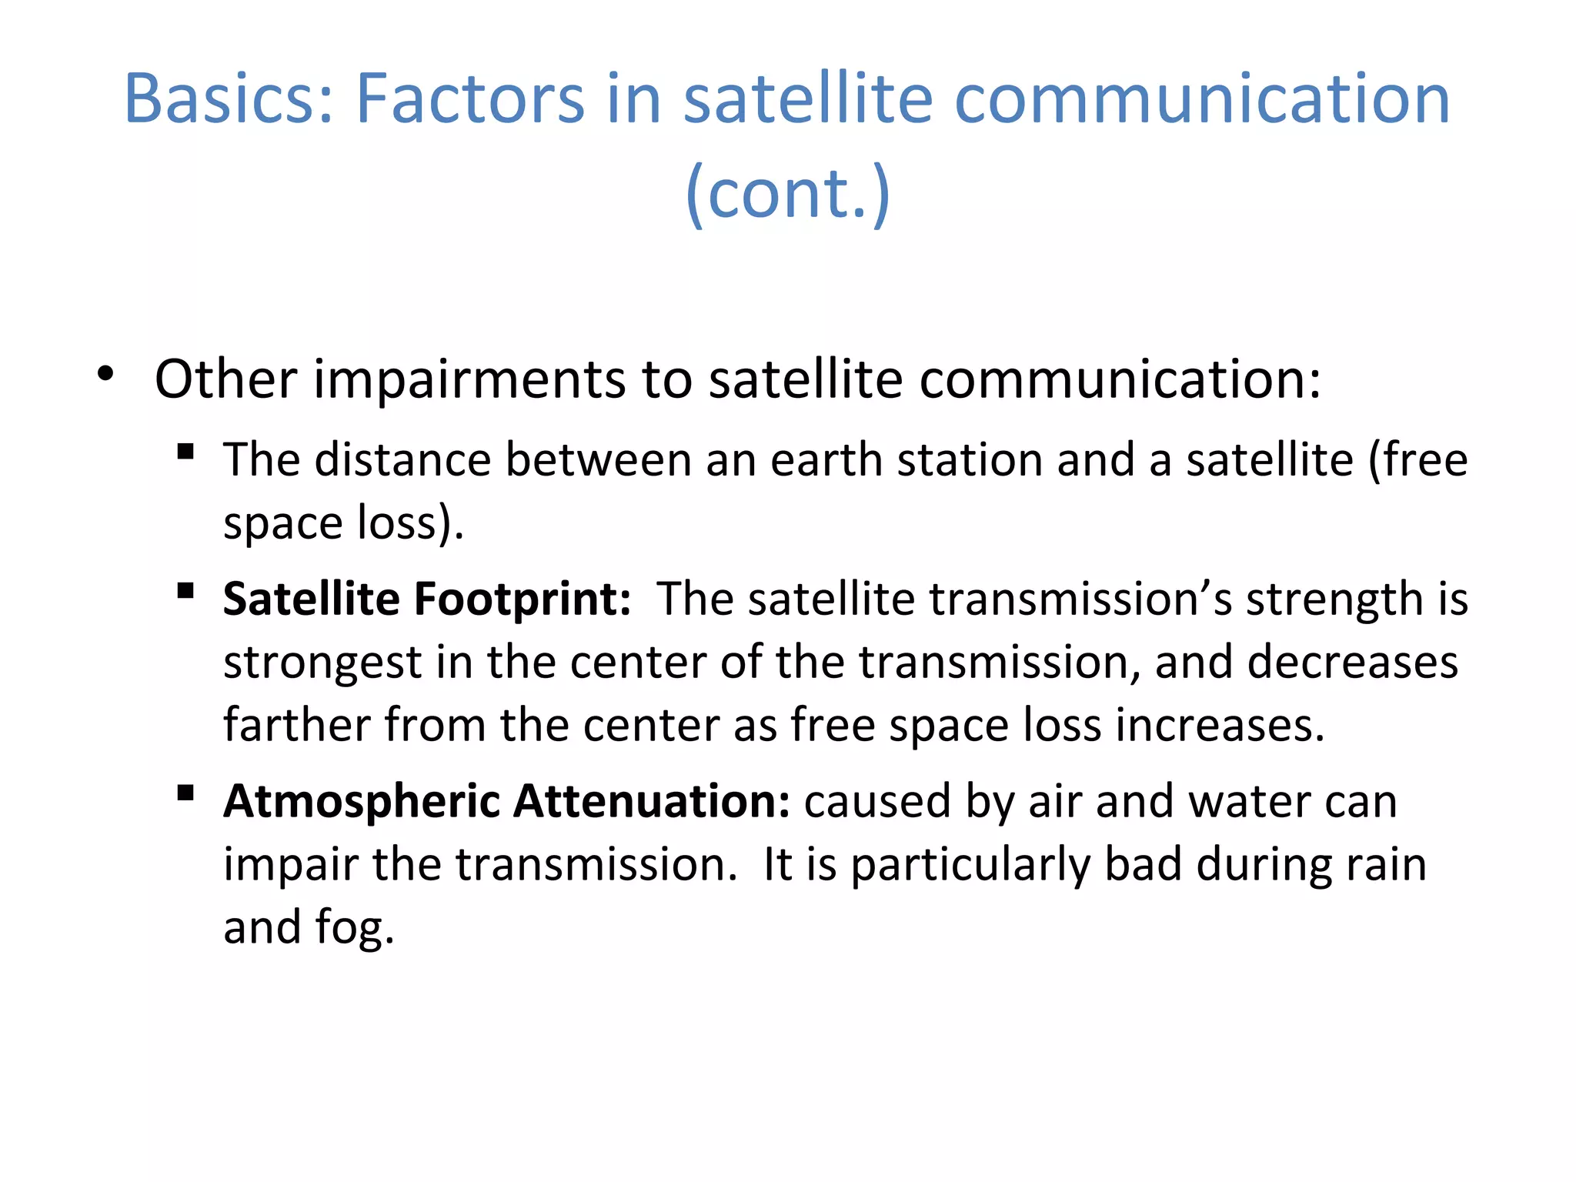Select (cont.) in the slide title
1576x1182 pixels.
(787, 193)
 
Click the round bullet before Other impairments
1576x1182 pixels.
(105, 376)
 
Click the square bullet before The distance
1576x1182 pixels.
(185, 451)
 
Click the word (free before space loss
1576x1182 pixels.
(1417, 460)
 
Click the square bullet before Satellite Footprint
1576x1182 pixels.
(185, 591)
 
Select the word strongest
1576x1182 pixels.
(322, 663)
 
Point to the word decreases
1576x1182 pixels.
(1352, 663)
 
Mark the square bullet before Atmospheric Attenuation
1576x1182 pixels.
(185, 793)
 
